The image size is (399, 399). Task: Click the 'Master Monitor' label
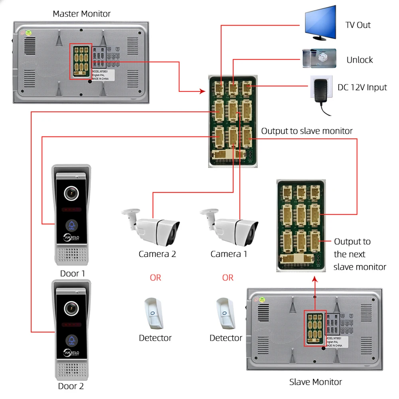point(82,14)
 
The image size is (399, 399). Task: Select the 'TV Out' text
point(358,25)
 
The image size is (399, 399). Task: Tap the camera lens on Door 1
point(71,193)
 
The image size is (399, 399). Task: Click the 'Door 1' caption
point(72,274)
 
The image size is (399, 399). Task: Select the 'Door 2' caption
point(71,386)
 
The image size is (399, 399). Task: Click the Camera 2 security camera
point(151,227)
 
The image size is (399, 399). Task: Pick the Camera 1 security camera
point(229,227)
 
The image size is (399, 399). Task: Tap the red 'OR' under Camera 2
point(155,277)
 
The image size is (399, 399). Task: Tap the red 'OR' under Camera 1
point(227,277)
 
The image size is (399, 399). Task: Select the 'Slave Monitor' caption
point(315,382)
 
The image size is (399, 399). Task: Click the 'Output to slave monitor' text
point(307,131)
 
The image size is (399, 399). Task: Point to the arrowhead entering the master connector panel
point(202,92)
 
